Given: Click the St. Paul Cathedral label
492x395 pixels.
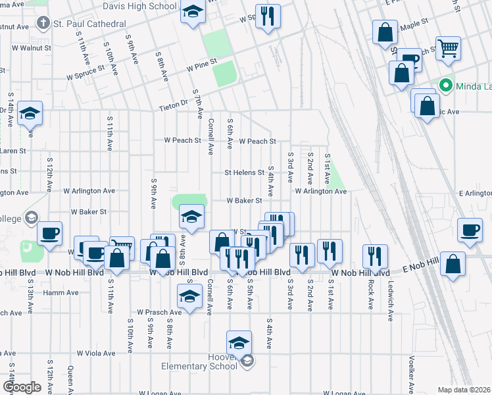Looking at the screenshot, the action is [x=89, y=24].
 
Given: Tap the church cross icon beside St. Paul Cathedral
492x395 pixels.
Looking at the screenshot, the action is [x=43, y=24].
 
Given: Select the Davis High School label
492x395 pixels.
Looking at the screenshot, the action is [x=140, y=6].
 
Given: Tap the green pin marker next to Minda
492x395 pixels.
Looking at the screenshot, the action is [x=445, y=86].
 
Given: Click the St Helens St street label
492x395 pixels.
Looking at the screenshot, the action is [x=244, y=172].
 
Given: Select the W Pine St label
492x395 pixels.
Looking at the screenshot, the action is [x=201, y=67].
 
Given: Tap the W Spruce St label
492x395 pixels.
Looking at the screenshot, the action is [x=85, y=72].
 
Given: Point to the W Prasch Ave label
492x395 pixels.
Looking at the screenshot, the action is [x=159, y=312].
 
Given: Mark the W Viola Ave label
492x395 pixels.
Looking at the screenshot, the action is [x=96, y=353].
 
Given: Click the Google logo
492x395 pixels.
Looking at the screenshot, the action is [x=22, y=387].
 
